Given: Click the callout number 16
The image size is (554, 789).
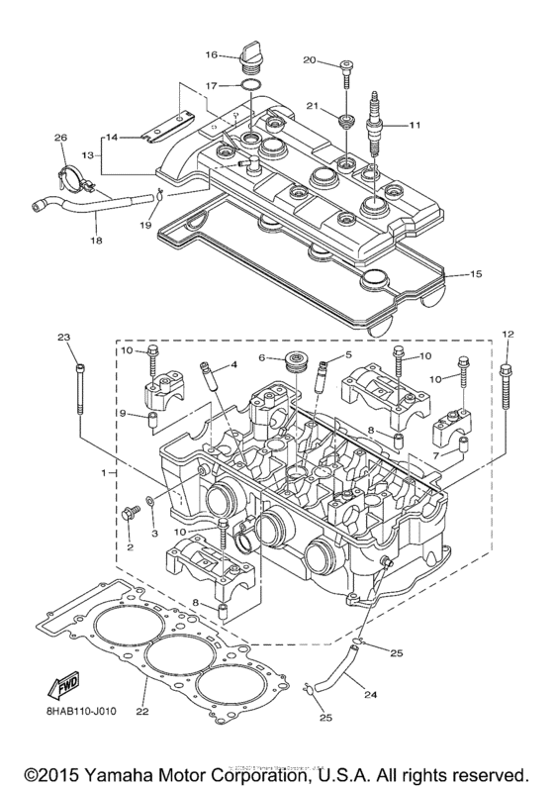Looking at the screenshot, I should pos(212,53).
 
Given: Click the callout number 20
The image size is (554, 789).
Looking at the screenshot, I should pos(309,61).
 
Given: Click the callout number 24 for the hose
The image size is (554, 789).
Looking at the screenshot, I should pos(370,695).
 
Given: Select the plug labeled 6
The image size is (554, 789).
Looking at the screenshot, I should pos(293,361).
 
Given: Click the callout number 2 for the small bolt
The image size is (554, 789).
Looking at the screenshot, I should pos(130,546).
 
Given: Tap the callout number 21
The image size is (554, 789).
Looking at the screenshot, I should pos(312,105).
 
